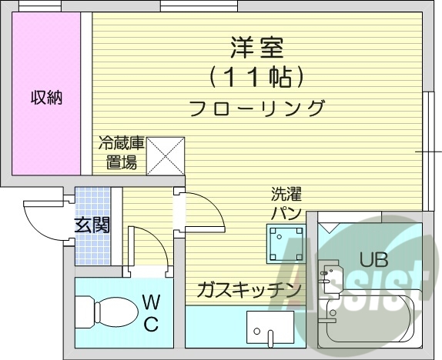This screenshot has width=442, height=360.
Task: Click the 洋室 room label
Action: [256, 48]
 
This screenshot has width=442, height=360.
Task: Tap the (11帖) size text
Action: [256, 78]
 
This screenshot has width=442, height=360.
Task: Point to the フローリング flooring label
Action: [256, 108]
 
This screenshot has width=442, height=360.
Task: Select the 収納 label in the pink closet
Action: [46, 98]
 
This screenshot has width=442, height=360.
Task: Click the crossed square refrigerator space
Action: [166, 156]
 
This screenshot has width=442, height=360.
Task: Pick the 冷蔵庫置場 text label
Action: [121, 152]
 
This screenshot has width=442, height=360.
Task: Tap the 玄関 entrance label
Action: [92, 225]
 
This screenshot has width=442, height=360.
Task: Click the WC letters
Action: [152, 313]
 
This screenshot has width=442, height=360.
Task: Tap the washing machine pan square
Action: [286, 244]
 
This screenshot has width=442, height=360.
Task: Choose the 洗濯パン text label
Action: [286, 203]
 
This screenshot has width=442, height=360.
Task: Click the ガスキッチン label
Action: [249, 290]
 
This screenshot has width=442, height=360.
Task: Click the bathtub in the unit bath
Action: [370, 319]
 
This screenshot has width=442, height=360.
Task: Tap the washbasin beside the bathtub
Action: [330, 277]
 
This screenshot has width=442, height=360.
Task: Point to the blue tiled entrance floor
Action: [92, 226]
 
